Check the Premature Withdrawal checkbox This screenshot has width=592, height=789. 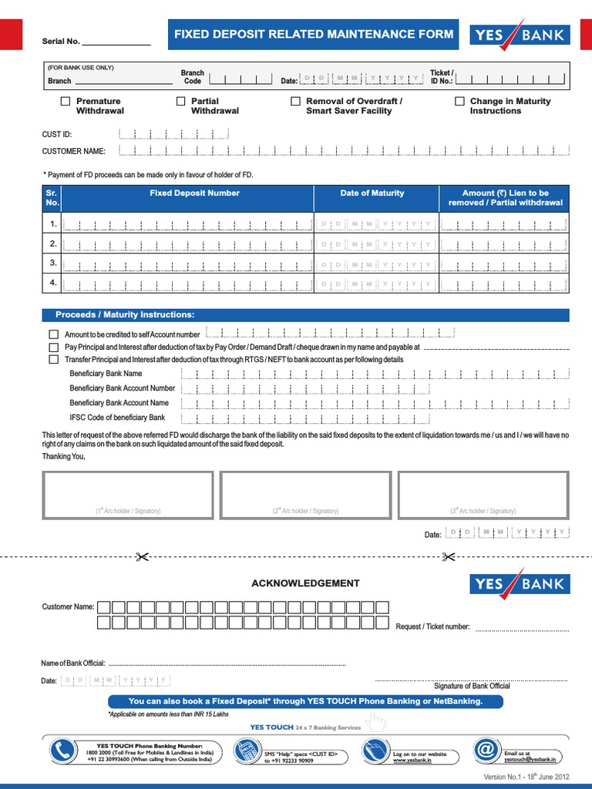(66, 101)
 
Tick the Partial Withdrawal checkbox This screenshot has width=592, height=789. (181, 101)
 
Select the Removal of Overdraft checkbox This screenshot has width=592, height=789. (295, 101)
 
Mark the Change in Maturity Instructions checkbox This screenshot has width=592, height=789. (459, 101)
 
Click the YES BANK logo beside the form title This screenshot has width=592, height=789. (520, 35)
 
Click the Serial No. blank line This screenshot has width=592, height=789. (116, 42)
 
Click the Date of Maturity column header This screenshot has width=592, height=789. (376, 193)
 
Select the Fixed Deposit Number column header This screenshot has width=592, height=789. (194, 193)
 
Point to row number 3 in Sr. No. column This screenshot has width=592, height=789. (52, 263)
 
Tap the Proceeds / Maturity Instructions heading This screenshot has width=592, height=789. (125, 315)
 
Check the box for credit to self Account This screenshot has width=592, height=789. (53, 334)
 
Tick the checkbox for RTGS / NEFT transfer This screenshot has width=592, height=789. (53, 359)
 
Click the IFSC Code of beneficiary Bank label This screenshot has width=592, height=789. (117, 418)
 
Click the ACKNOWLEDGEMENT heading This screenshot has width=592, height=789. (305, 583)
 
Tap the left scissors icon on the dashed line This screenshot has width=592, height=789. (142, 556)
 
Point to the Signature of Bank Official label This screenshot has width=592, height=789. (472, 686)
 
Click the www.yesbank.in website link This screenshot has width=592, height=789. (410, 760)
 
